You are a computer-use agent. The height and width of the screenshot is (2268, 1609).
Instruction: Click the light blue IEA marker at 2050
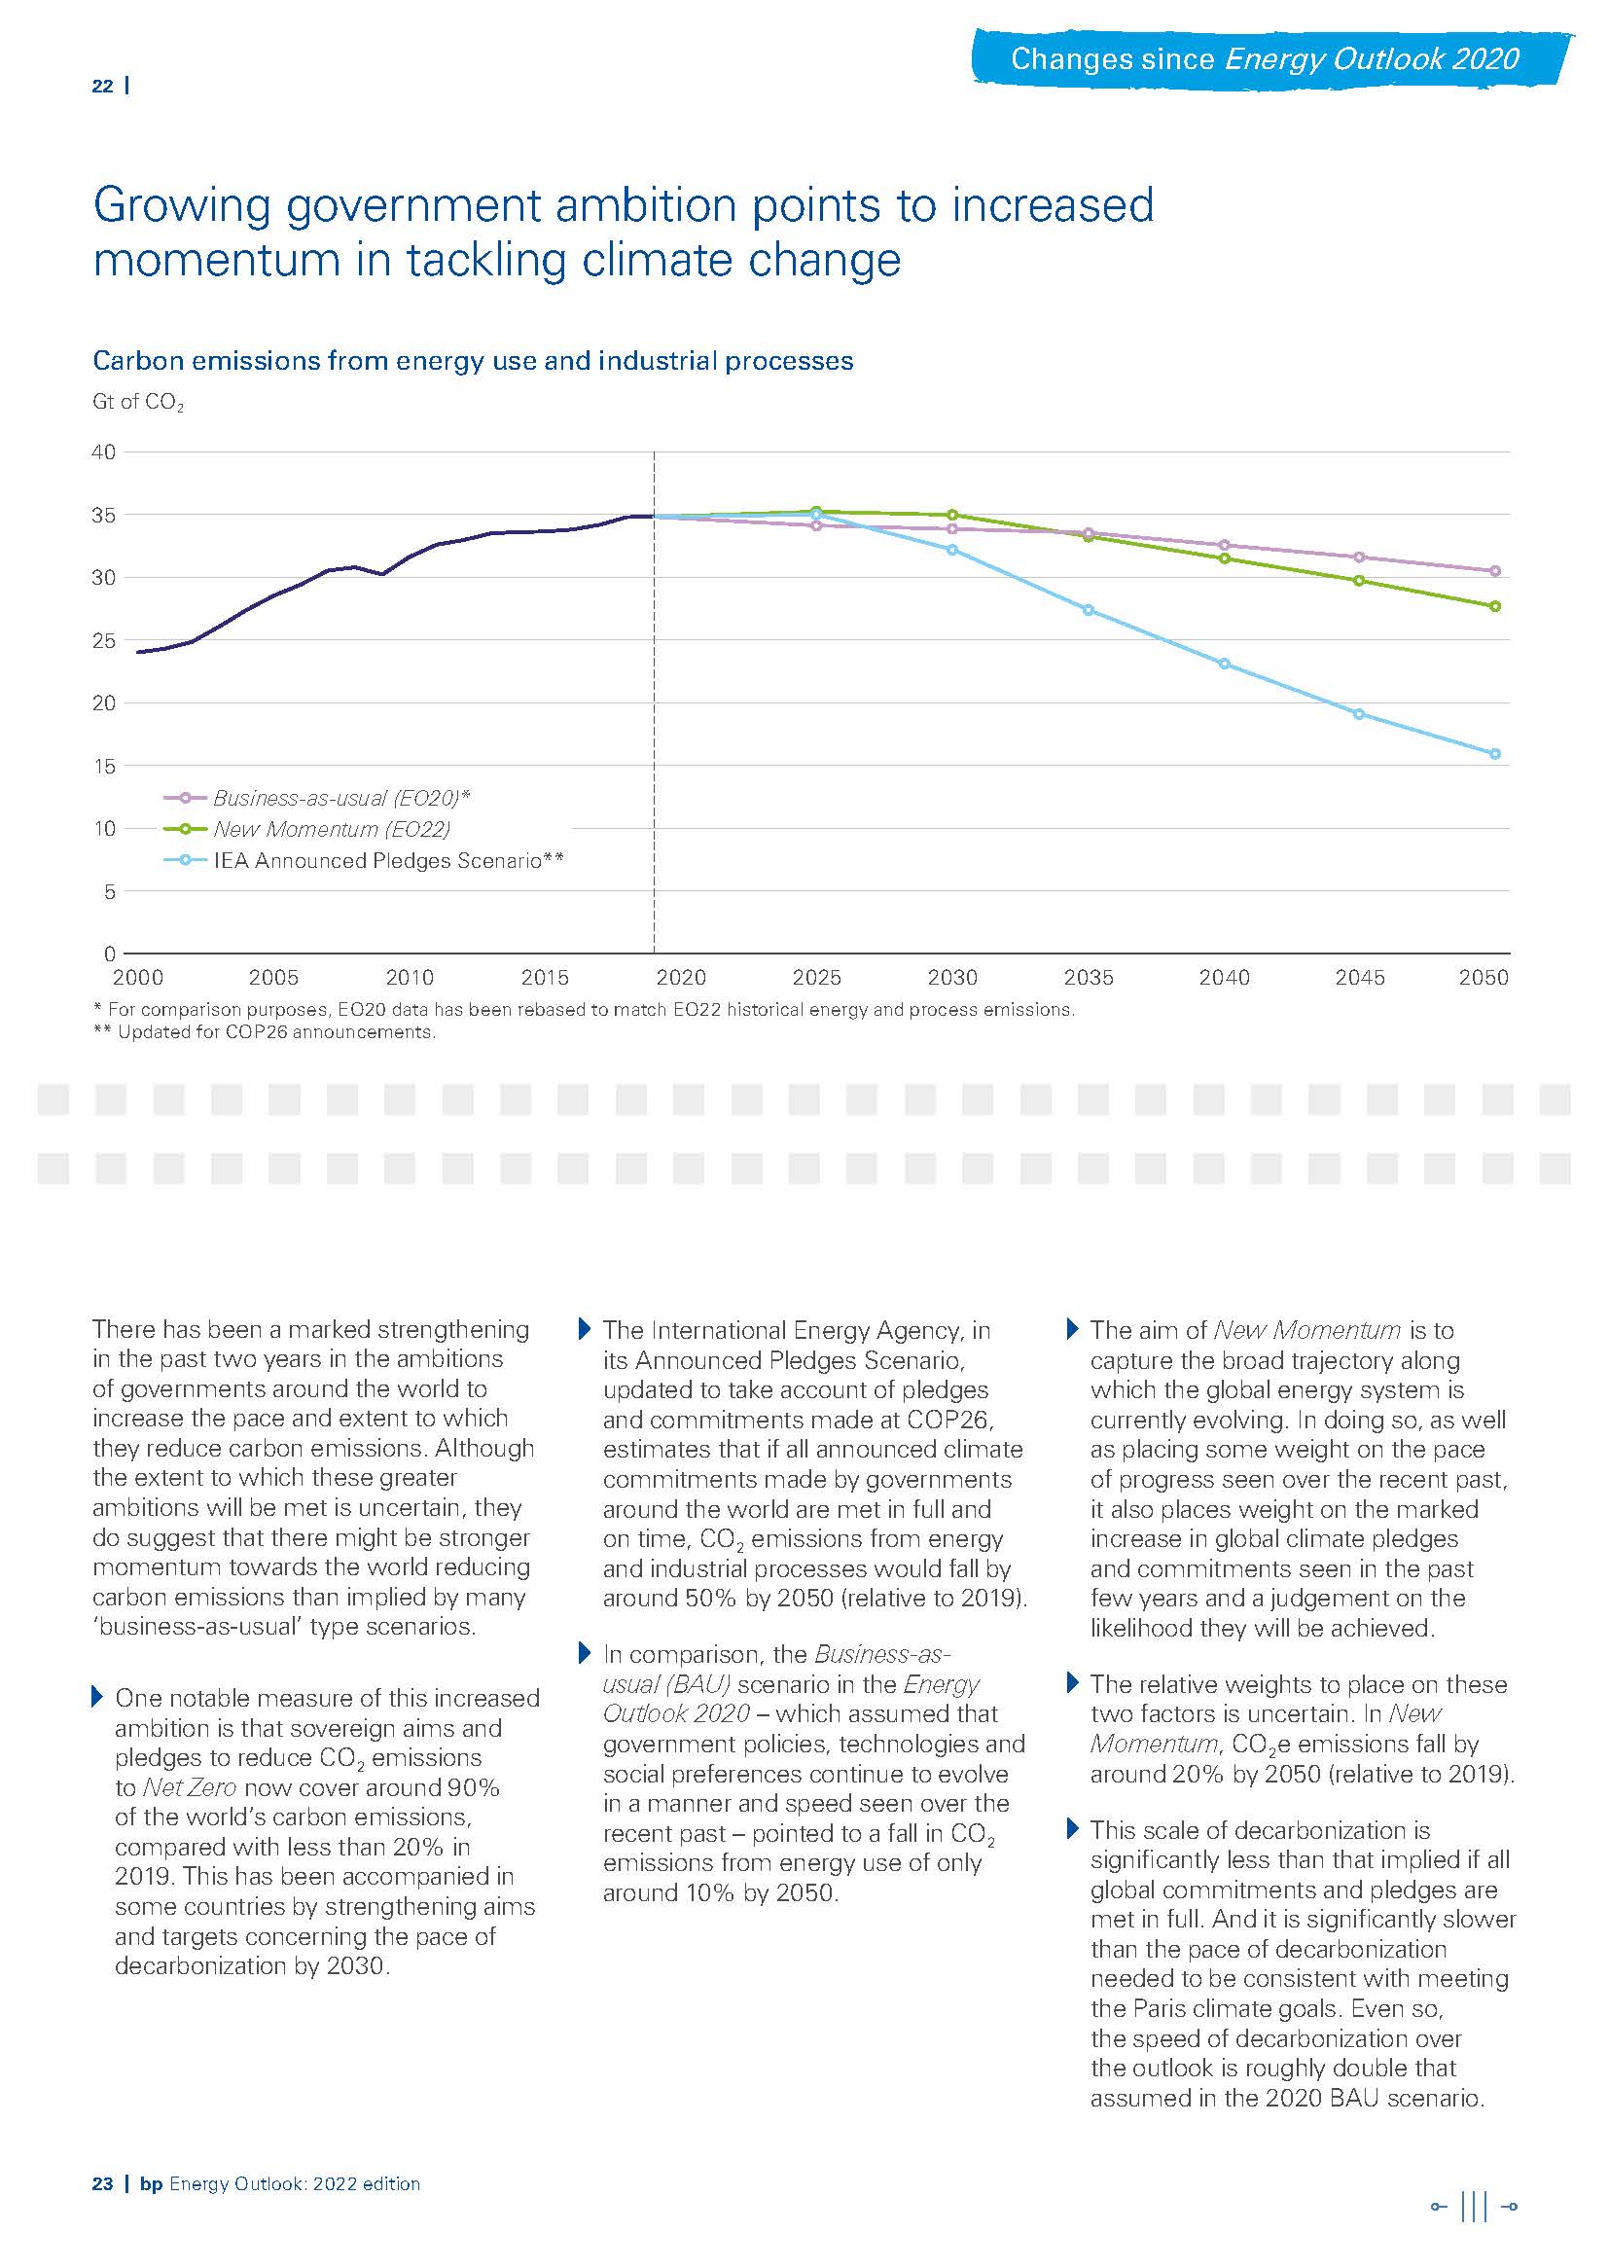[1495, 754]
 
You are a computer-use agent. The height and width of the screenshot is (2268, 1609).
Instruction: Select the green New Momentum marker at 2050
[1495, 606]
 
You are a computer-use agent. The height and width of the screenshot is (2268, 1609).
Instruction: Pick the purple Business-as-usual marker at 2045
[1359, 557]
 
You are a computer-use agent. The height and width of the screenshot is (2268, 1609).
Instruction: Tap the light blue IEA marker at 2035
[1088, 610]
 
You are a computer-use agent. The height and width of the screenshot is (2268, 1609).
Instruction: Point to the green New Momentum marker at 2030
[952, 516]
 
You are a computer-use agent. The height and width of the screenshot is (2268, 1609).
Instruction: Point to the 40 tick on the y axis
[104, 452]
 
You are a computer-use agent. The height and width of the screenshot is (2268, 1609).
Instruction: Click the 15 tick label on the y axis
[104, 766]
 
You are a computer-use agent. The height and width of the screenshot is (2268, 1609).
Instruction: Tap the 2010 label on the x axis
[410, 978]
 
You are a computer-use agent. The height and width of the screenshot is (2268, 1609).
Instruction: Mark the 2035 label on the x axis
[1088, 978]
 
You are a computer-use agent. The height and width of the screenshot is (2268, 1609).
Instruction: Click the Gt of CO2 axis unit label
[138, 402]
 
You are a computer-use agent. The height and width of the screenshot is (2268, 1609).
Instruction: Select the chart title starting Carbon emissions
[473, 361]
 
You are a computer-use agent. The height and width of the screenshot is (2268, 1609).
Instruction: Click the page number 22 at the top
[102, 87]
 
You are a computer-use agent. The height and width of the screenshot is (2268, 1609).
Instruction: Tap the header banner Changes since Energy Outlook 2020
[1265, 59]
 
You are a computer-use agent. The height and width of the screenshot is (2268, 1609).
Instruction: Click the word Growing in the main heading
[181, 206]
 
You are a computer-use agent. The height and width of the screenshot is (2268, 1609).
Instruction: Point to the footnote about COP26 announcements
[265, 1032]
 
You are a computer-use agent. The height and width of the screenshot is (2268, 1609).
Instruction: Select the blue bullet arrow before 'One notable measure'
[97, 1696]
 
